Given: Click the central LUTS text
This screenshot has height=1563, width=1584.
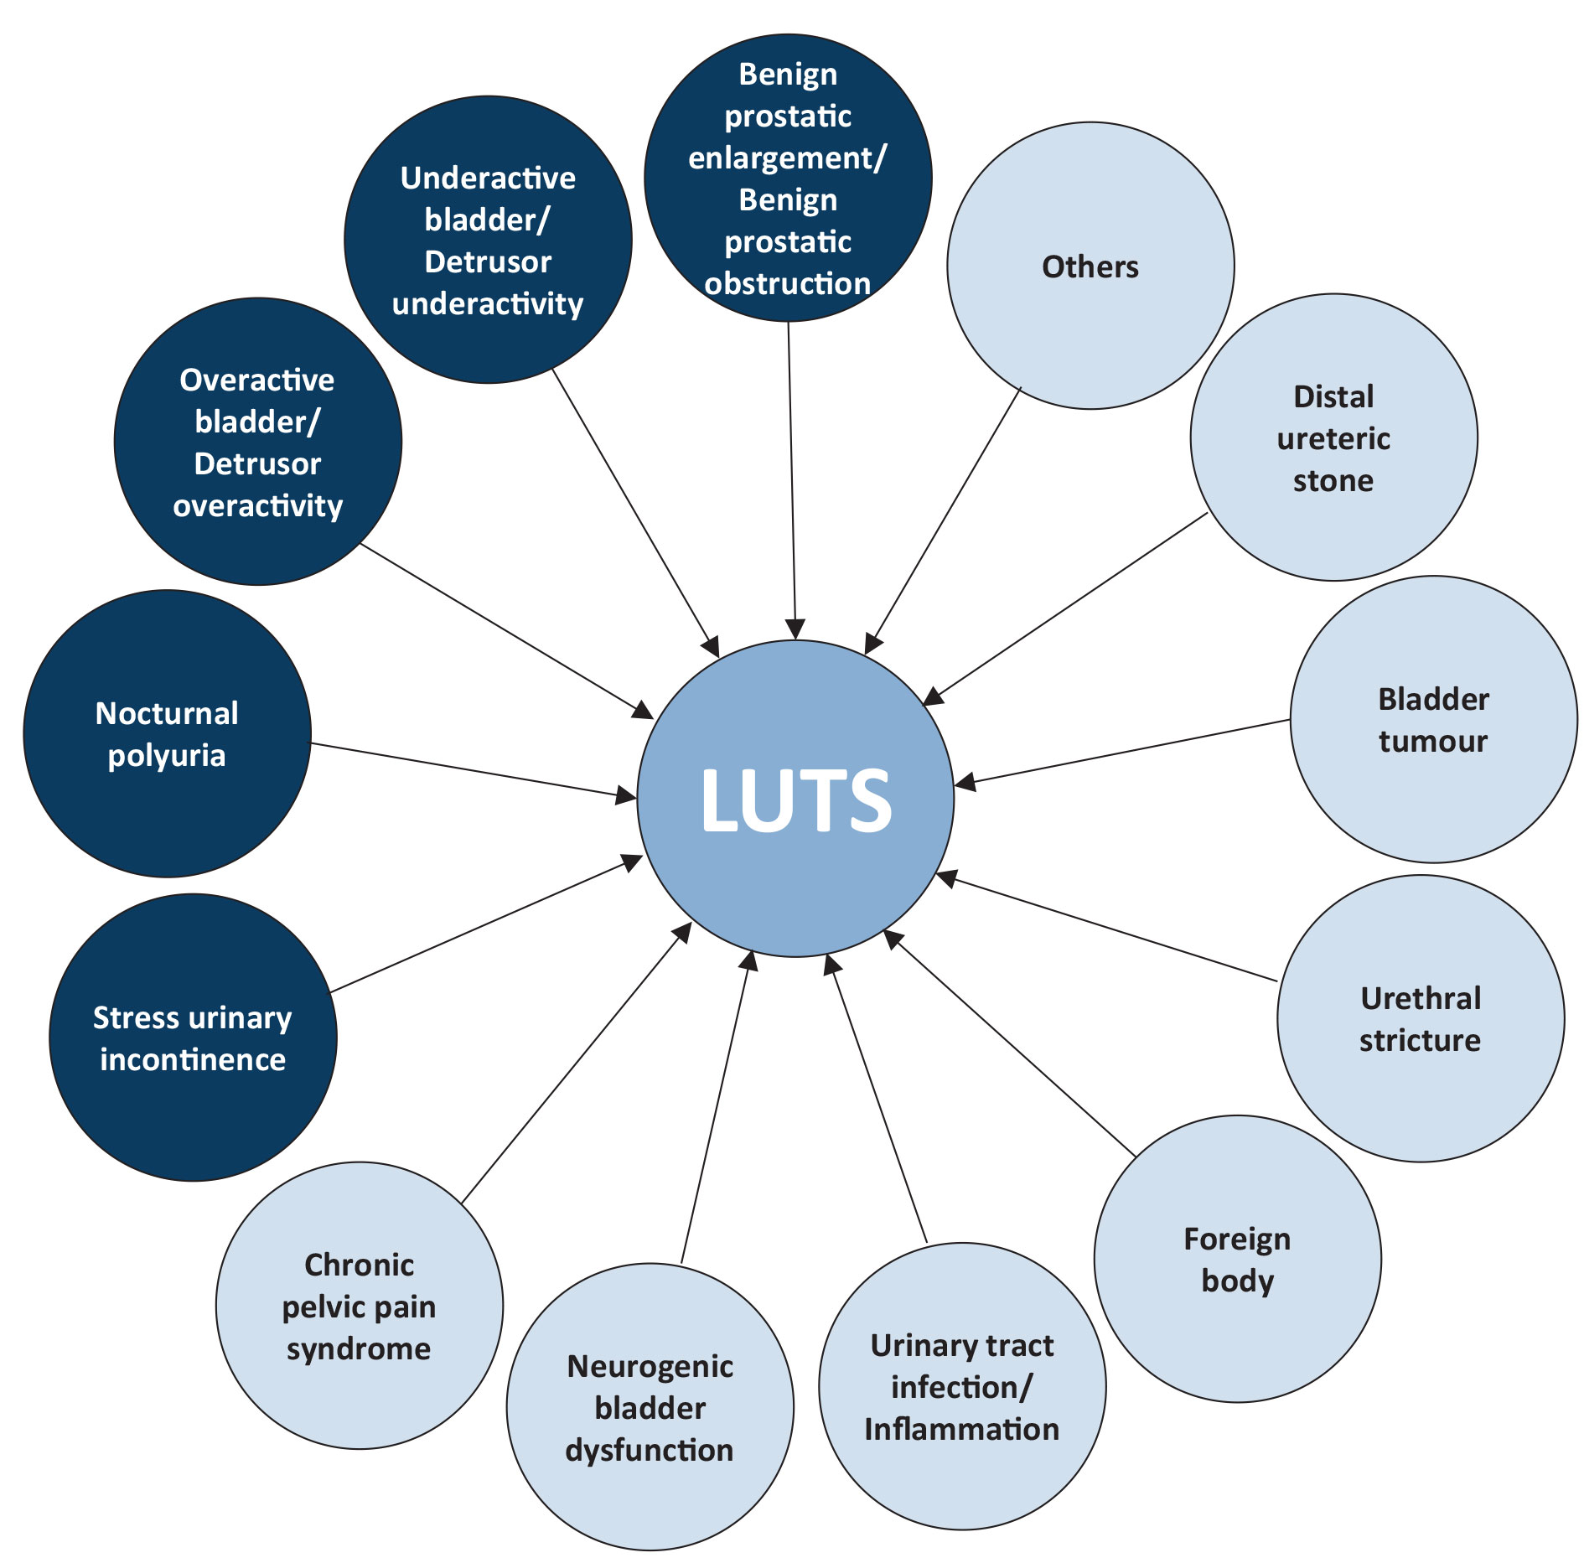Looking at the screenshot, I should pos(795,800).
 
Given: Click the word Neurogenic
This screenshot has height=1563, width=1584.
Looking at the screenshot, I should pos(650,1366).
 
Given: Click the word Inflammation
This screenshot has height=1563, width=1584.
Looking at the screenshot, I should pos(962,1429).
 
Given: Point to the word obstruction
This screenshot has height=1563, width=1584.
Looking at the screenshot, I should pos(788,283).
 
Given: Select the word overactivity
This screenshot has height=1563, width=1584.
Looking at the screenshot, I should pos(258,505).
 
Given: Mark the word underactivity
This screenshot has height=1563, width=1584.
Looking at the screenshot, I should pos(488,303).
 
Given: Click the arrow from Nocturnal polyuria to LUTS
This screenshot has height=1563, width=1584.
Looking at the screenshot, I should pos(469,769).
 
